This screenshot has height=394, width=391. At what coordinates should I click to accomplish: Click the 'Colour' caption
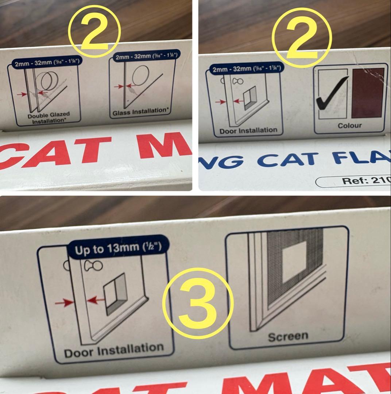click(x=349, y=125)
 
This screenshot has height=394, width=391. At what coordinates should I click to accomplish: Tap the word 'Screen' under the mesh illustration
click(x=288, y=336)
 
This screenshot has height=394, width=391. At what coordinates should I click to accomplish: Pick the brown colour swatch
click(x=368, y=93)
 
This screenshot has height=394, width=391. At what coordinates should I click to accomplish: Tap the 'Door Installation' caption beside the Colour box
click(x=248, y=130)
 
